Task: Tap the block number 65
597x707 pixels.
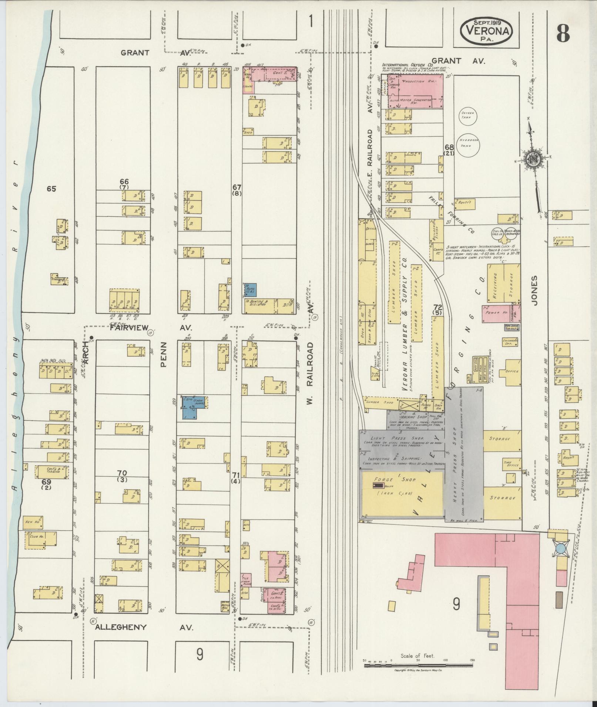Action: (x=51, y=189)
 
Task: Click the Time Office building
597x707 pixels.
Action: (x=510, y=465)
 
